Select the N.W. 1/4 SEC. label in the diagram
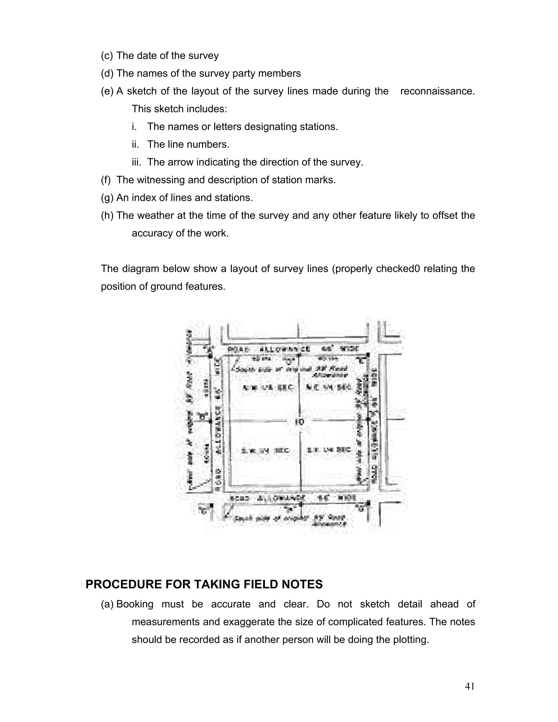[268, 387]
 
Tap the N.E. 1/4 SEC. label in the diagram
[328, 387]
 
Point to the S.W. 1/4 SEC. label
[265, 450]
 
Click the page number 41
[469, 686]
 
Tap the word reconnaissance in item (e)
[437, 91]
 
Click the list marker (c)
[107, 56]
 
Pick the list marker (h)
[107, 216]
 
